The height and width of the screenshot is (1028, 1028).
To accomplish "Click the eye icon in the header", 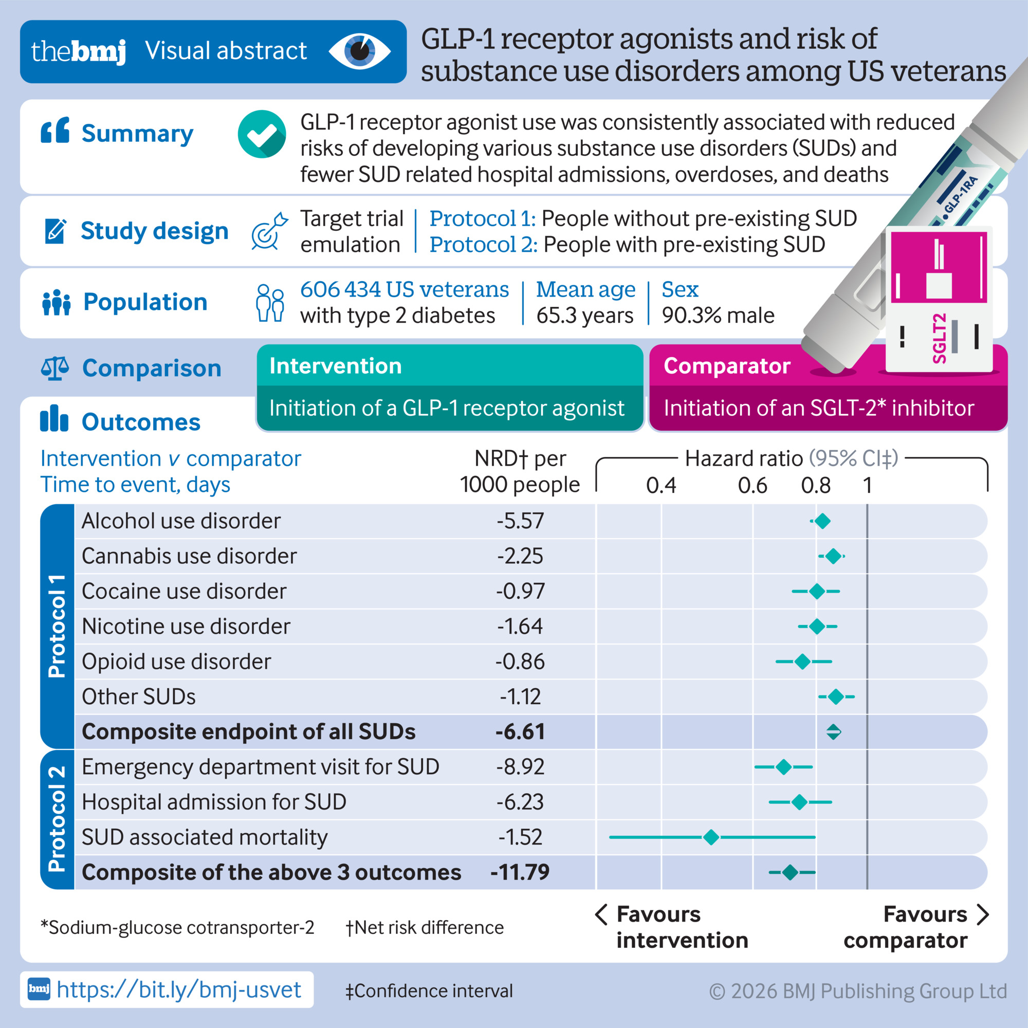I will [x=360, y=51].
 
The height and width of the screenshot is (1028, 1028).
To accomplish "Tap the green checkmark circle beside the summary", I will [x=261, y=134].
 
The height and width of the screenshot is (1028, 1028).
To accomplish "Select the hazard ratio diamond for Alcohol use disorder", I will [x=822, y=521].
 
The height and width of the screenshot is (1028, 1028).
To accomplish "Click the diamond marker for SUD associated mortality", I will [x=711, y=837].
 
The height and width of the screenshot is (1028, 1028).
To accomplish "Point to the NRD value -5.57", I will [x=520, y=521].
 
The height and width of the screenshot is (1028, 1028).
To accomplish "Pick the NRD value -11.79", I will [x=520, y=872].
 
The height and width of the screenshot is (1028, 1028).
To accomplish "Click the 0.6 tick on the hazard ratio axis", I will [x=752, y=485].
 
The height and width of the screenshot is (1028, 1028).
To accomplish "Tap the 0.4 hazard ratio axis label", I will [x=661, y=485].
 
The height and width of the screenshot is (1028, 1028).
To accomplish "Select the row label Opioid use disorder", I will [x=176, y=662].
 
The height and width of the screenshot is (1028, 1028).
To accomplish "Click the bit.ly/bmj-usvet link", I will [x=179, y=989].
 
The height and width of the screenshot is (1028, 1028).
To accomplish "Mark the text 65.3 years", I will [x=585, y=316].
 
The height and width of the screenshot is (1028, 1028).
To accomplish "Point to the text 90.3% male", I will [x=718, y=316].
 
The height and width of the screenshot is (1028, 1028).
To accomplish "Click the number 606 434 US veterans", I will [x=405, y=289].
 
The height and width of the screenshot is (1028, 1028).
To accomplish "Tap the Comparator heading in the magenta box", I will [x=727, y=366].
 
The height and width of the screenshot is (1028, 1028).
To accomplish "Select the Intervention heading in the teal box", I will [x=335, y=366].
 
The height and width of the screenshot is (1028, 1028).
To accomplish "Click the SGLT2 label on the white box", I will [x=939, y=338].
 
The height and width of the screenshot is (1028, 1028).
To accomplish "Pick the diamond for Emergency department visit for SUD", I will [x=783, y=767].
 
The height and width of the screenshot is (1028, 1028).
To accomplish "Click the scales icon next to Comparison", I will [x=55, y=368].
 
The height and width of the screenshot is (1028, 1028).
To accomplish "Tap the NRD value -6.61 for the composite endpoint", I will [x=520, y=731].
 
